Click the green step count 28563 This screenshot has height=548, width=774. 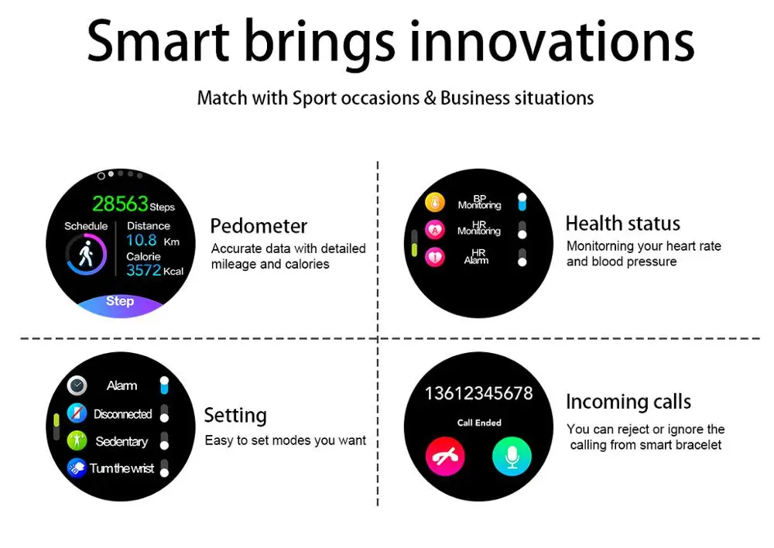[120, 204]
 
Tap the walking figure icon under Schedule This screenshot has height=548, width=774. [86, 254]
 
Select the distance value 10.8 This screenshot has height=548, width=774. [141, 241]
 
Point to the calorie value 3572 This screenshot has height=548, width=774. [143, 270]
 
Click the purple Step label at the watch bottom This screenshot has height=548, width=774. [120, 300]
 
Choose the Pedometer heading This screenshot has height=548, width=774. [259, 226]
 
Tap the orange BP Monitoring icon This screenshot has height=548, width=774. [435, 203]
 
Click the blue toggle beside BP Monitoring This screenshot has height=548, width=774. [522, 203]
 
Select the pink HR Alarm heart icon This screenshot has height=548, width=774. [435, 257]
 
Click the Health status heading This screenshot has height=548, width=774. [623, 224]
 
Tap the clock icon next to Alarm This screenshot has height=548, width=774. [77, 385]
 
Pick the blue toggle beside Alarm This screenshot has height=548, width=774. [164, 385]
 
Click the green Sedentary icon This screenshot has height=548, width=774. [77, 440]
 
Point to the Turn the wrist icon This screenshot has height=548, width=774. [77, 468]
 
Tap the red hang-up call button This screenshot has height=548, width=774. [445, 456]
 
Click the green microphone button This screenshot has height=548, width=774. [512, 456]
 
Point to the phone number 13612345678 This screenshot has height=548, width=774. [479, 393]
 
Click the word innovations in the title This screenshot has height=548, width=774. [552, 42]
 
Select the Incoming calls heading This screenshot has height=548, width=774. [628, 402]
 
